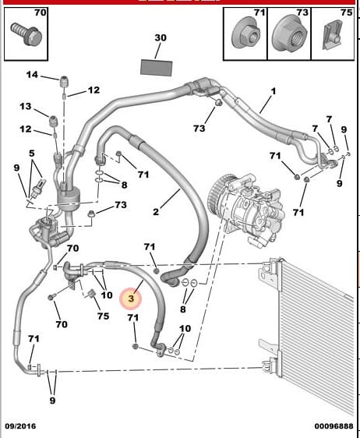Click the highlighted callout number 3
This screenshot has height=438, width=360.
131,298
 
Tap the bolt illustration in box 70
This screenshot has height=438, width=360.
26,34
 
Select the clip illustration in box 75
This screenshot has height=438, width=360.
333,34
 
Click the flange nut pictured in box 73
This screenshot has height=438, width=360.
289,34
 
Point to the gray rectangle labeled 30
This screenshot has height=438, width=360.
156,68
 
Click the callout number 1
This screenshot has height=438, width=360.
274,91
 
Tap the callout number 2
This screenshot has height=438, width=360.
156,211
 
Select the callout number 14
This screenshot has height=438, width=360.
32,75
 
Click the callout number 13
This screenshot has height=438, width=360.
26,106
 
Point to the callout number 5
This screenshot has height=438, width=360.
32,153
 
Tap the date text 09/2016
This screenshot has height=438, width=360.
20,426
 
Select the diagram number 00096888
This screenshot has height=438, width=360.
334,426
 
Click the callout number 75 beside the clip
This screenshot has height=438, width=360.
103,316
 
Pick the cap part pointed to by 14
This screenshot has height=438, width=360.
65,81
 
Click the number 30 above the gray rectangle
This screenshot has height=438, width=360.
161,37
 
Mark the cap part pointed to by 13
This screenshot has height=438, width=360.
53,120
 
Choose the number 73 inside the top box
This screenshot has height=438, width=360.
302,12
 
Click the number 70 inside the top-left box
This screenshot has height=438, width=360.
41,12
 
